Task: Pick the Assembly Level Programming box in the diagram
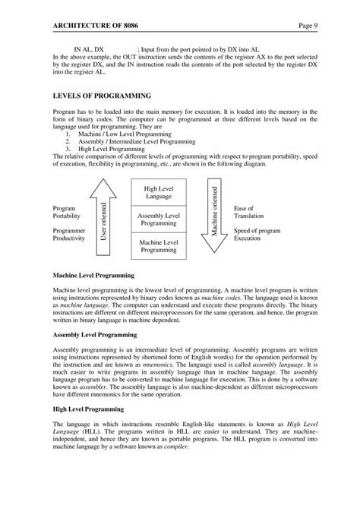(159, 219)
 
